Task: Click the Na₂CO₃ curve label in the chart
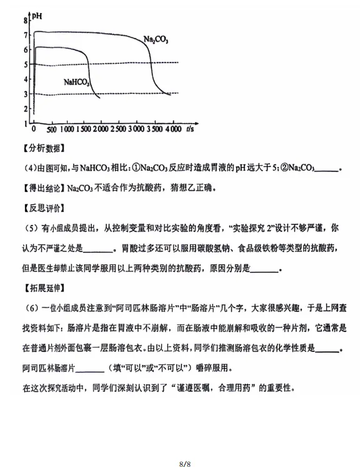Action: pos(156,39)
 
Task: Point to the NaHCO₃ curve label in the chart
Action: pos(76,81)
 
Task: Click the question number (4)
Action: pos(29,168)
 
